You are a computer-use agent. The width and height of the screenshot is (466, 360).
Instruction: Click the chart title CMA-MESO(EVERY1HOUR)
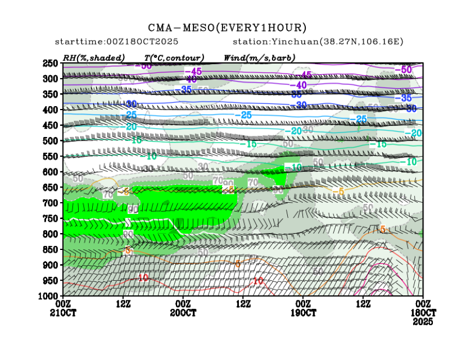tap(228, 28)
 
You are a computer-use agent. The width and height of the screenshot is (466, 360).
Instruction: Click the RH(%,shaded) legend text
tap(94, 58)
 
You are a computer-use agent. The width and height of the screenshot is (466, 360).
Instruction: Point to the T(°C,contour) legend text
tap(174, 58)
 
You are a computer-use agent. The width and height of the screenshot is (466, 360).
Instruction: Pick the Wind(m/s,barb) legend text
tap(259, 58)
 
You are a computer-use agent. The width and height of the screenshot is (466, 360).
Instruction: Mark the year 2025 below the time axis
tap(423, 323)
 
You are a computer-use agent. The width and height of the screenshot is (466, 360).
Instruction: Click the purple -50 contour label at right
tap(405, 70)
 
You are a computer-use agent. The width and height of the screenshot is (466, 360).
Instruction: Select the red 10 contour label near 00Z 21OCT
tap(143, 278)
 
